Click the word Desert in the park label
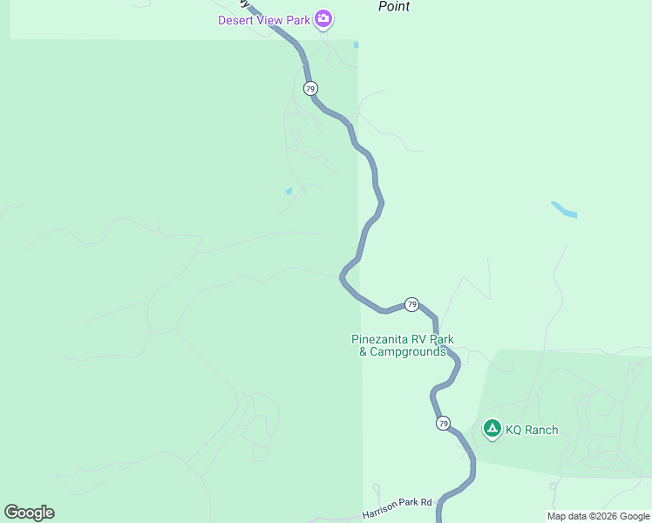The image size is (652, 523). coord(237,18)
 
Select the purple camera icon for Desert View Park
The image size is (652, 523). coord(323,18)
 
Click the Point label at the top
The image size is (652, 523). coord(393,6)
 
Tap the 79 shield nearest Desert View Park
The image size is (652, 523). coord(310,89)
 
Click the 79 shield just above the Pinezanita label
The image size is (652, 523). coord(411,304)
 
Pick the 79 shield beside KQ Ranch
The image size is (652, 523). coord(444,424)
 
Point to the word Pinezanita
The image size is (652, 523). coord(382,340)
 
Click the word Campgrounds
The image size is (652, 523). coord(408,352)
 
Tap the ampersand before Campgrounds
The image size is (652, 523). coord(363,352)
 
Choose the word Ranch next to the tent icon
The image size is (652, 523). coord(541,430)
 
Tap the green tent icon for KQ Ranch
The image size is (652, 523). coord(492,428)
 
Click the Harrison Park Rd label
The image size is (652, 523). coord(397,504)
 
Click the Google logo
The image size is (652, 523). coord(29,513)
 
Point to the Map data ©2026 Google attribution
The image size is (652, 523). coord(598,516)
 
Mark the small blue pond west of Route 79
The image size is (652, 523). coord(289,191)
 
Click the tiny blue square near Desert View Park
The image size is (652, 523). coord(356,44)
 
